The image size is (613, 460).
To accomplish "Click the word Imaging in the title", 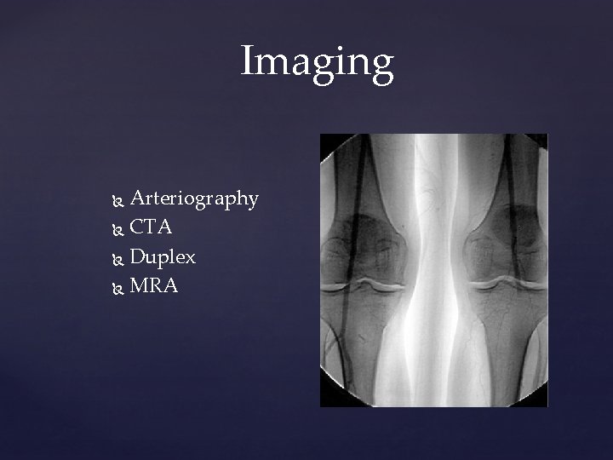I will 317,62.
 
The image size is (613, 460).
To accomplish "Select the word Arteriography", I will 194,199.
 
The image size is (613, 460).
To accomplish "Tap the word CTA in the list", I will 152,228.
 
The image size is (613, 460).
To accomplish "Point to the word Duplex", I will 163,257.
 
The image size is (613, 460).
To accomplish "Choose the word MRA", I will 154,285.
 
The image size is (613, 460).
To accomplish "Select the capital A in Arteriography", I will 139,198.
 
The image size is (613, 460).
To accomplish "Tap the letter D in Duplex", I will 139,256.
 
